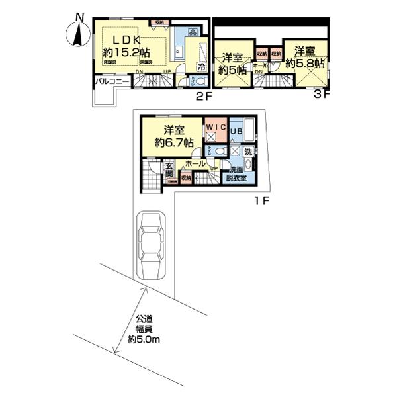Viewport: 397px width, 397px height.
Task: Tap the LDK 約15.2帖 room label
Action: click(126, 43)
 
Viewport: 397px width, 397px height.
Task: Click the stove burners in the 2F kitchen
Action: click(193, 32)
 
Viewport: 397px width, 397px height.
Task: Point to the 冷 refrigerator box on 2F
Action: click(201, 66)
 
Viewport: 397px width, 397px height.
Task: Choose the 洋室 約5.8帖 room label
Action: click(305, 56)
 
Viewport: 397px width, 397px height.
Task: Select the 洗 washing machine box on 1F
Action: click(247, 150)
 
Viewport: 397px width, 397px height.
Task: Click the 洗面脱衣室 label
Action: click(236, 173)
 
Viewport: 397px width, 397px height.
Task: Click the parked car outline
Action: click(153, 246)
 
